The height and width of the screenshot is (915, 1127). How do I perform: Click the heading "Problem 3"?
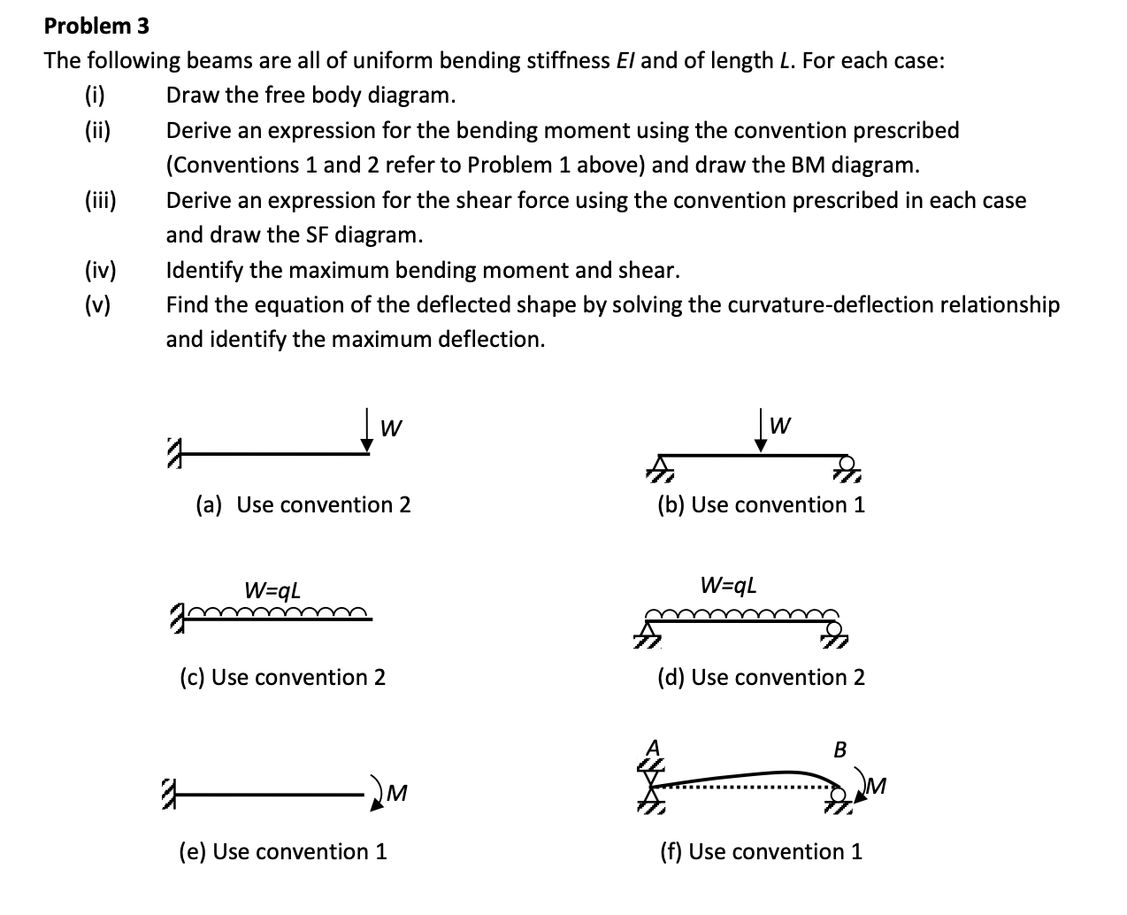[x=96, y=26]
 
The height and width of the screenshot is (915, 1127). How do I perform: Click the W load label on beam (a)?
[x=391, y=428]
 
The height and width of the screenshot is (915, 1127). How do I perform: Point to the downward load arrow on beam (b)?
[x=760, y=433]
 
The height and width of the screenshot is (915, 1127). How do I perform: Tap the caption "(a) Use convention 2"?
[x=303, y=505]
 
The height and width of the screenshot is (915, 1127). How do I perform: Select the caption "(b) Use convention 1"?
[x=761, y=505]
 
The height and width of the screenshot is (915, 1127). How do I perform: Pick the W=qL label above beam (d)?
[x=729, y=585]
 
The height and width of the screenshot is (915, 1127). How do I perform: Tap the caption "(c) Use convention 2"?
[x=282, y=678]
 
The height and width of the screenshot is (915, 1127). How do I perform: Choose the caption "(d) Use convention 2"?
[x=761, y=678]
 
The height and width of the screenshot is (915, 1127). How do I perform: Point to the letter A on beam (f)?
[x=655, y=744]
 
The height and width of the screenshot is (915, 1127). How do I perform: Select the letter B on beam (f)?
[x=840, y=750]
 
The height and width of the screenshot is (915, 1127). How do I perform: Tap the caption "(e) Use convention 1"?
[x=283, y=852]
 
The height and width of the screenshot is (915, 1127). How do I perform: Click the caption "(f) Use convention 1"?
[x=761, y=852]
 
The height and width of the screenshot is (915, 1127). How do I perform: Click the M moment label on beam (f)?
[x=877, y=785]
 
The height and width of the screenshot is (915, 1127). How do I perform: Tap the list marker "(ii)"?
[x=97, y=131]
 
